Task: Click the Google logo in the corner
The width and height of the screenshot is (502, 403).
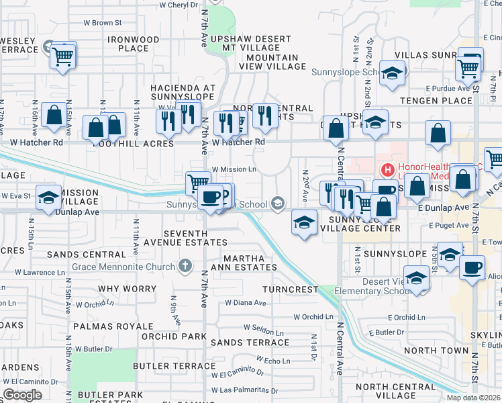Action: (22, 395)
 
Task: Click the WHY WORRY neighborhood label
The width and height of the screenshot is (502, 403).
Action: (127, 289)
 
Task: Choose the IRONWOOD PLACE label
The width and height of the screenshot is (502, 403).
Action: (133, 44)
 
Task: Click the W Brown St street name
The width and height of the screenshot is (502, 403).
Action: (98, 23)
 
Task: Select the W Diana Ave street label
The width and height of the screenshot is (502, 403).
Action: (246, 302)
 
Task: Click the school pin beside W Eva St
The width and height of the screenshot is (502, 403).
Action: (48, 198)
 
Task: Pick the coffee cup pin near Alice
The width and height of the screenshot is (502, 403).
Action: (472, 268)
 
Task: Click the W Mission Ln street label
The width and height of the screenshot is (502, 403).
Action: (233, 170)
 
